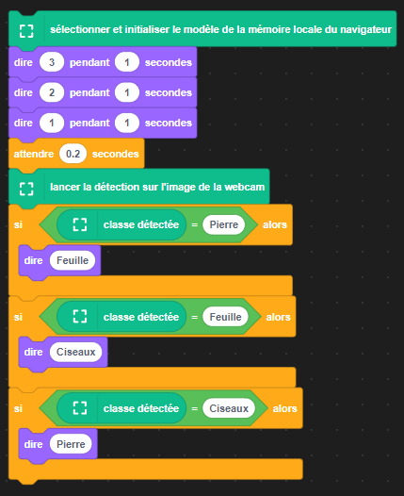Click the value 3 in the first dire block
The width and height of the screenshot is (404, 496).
coord(52,62)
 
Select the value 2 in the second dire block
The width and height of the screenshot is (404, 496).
coord(52,92)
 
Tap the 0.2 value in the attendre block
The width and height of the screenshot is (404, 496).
coord(73,154)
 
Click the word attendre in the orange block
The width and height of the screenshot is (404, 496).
coord(34,154)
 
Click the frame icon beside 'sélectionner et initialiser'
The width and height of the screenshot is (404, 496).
coord(26,31)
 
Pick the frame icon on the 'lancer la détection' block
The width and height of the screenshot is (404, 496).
coord(26,189)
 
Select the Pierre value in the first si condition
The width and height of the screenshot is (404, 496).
coord(224,224)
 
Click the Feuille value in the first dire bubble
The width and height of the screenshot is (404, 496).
coord(73,260)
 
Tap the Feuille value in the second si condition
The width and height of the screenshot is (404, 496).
coord(225,317)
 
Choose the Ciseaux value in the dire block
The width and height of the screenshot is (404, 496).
coord(76,352)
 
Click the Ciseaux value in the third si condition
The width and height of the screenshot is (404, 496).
coord(229,408)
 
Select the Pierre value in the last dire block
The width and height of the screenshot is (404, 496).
coord(71,444)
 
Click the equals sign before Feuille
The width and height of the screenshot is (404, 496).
coord(195,317)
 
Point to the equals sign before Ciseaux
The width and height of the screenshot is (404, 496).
coord(195,408)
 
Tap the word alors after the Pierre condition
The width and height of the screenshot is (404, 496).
coord(275,224)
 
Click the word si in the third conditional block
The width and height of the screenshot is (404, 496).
coord(18,408)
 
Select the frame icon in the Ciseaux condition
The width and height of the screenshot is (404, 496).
coord(80,408)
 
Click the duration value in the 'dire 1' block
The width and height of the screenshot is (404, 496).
coord(127,123)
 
